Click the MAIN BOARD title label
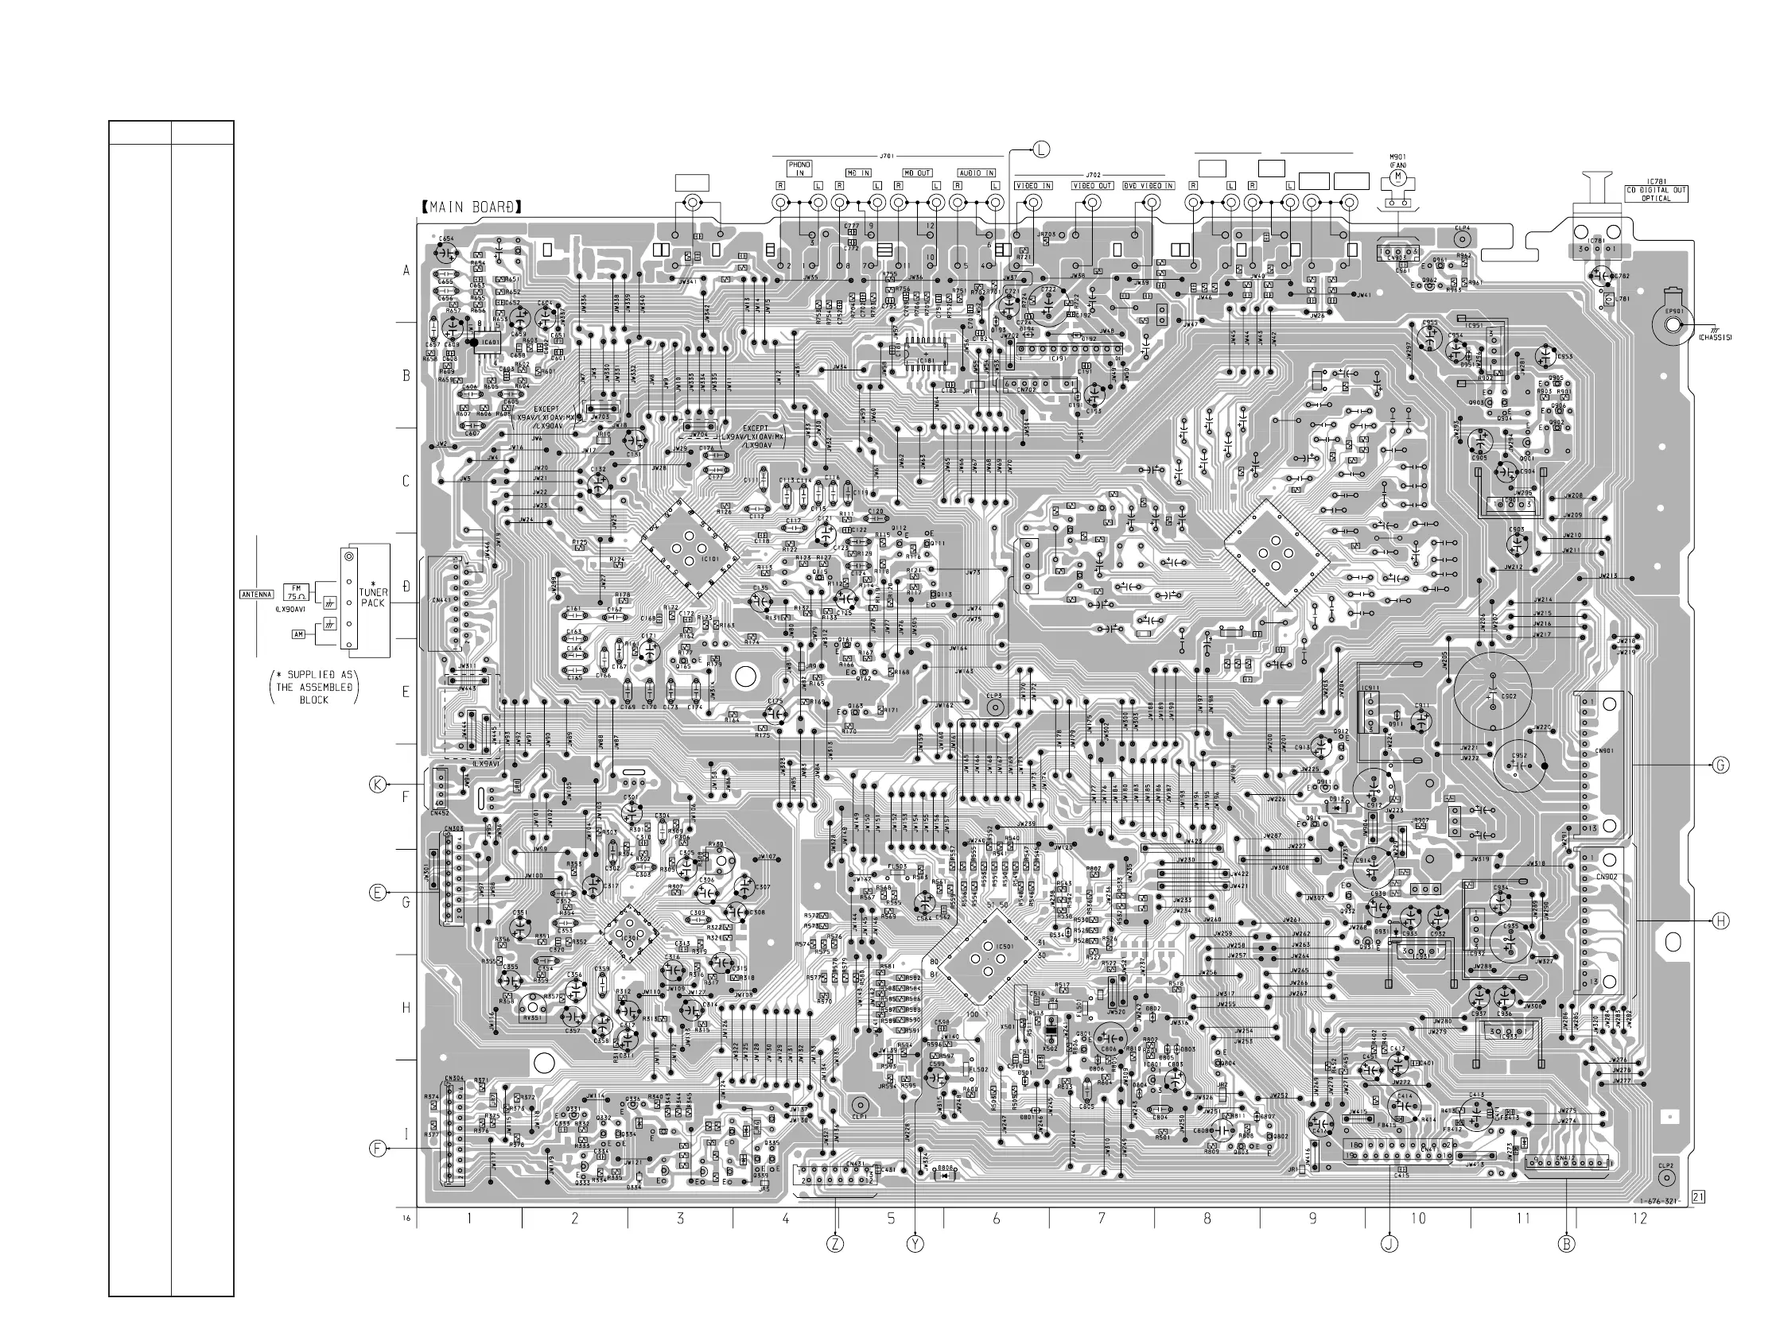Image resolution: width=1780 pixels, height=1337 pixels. click(x=471, y=207)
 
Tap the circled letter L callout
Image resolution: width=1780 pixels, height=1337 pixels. click(x=1041, y=149)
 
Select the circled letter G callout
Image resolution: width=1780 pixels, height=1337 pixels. click(x=1720, y=765)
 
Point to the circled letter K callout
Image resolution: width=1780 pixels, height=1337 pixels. click(x=378, y=785)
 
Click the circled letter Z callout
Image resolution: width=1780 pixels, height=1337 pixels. click(x=835, y=1244)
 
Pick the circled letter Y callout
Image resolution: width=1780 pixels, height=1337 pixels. click(x=915, y=1244)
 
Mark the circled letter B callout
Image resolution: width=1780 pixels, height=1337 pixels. click(x=1566, y=1244)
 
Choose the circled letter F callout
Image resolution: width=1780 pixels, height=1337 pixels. click(x=378, y=1149)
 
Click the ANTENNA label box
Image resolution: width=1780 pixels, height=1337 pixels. click(x=257, y=595)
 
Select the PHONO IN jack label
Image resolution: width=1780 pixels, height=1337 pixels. click(x=799, y=169)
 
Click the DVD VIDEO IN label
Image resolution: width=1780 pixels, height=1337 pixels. click(x=1148, y=186)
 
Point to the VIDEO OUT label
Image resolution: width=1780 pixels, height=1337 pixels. click(x=1092, y=186)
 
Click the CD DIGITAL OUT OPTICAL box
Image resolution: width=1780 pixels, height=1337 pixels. click(x=1655, y=194)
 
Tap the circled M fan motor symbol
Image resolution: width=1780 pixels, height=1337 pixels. click(x=1397, y=176)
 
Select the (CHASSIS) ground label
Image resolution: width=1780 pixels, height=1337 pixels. click(x=1715, y=338)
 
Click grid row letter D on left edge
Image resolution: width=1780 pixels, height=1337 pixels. click(x=406, y=587)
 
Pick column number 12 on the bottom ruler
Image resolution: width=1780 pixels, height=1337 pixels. click(x=1639, y=1219)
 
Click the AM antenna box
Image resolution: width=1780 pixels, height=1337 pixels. click(x=298, y=634)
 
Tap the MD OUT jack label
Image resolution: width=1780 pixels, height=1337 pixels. click(x=916, y=173)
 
